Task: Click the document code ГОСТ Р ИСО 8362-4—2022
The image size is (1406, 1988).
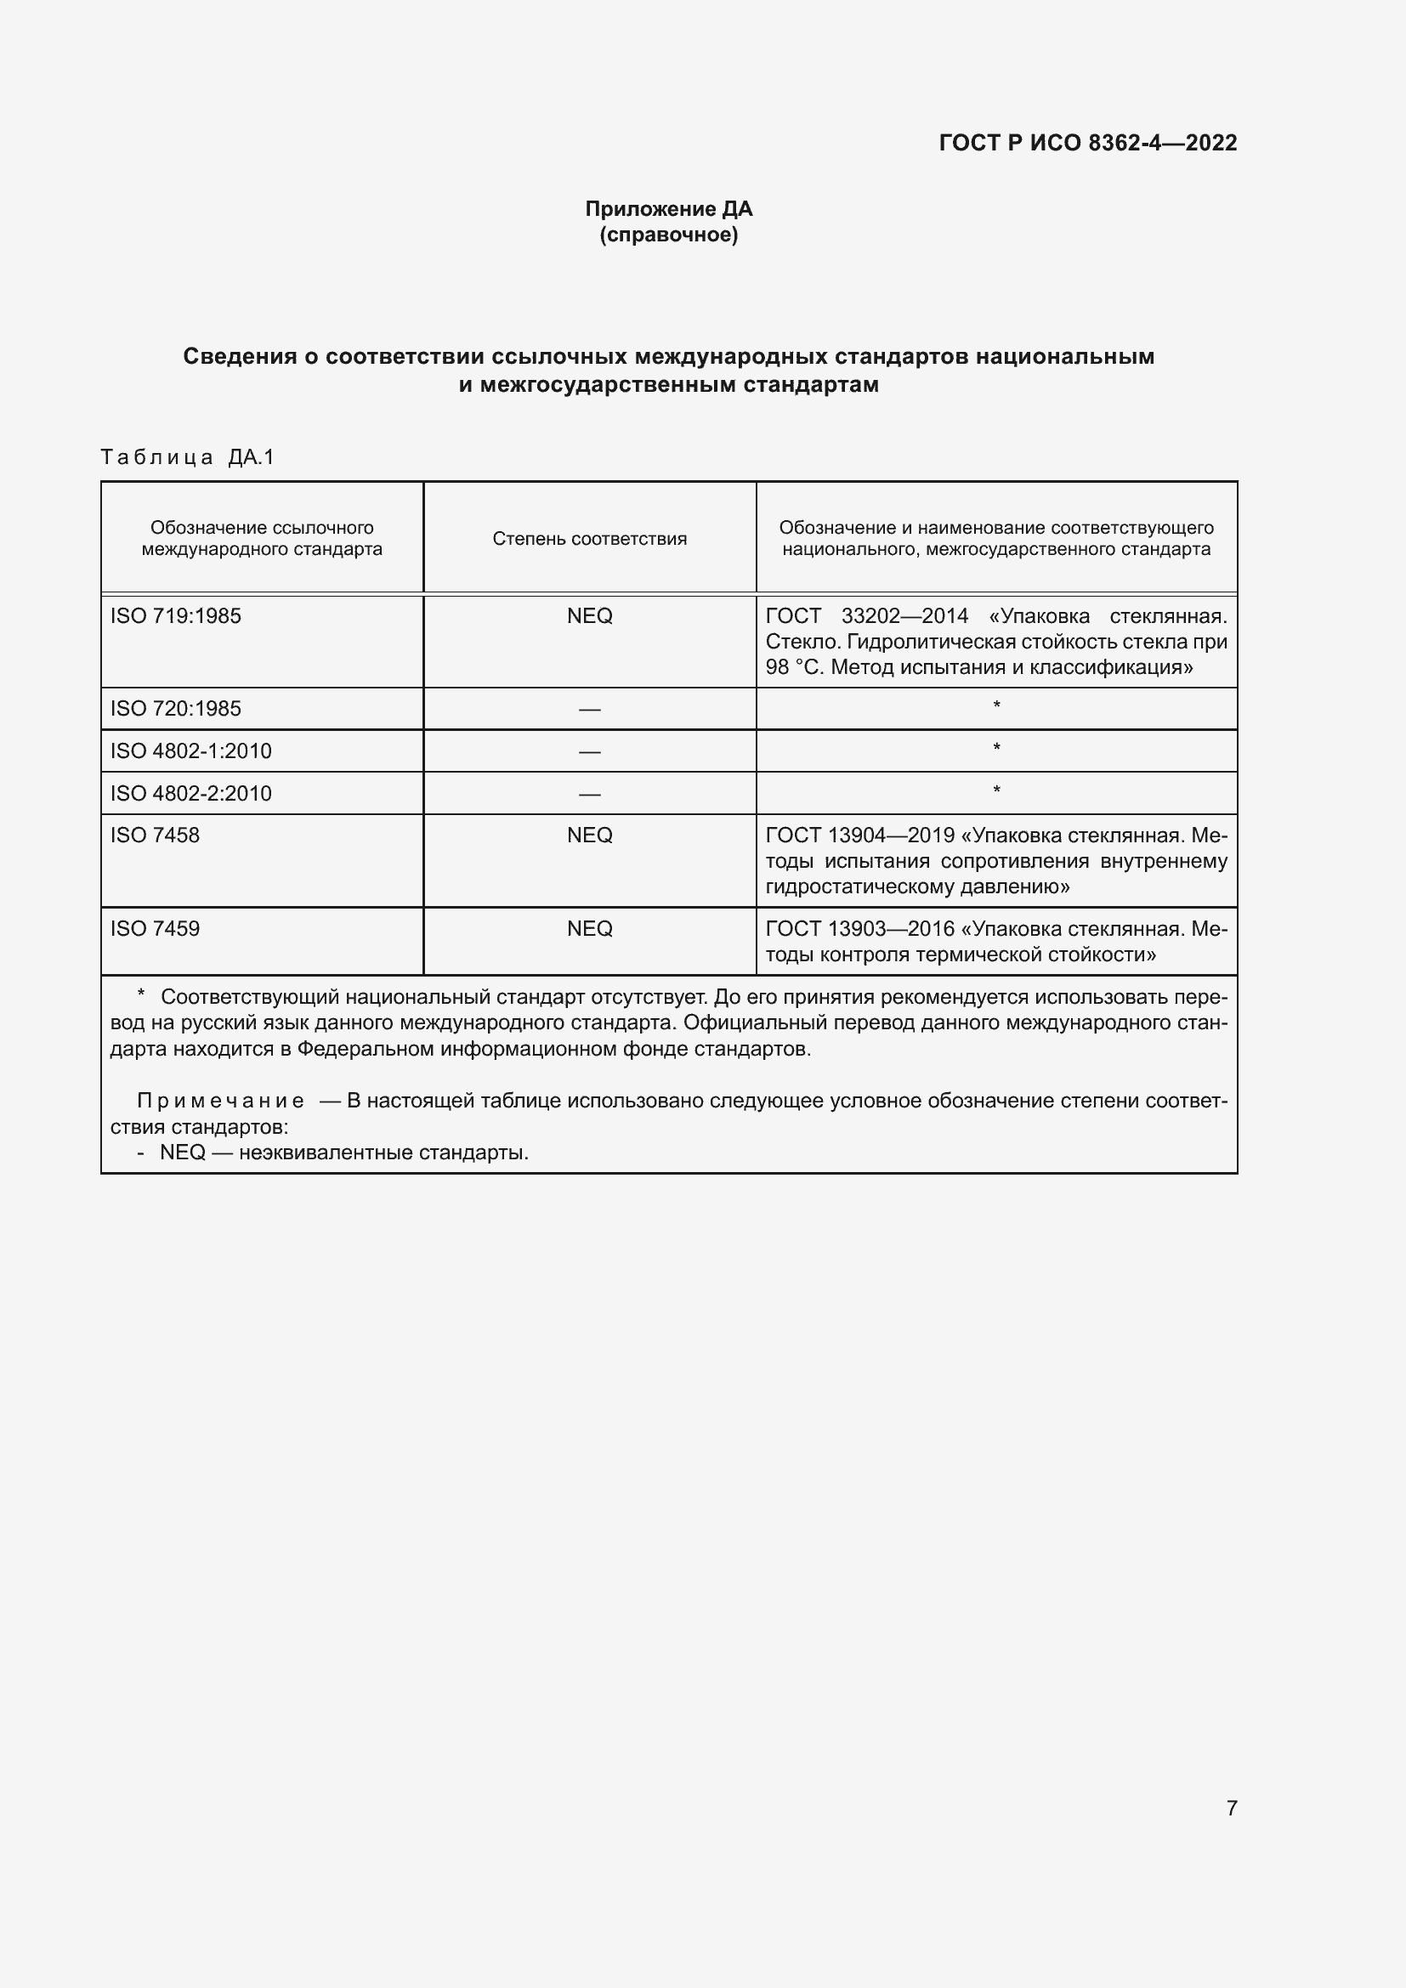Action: pos(1087,143)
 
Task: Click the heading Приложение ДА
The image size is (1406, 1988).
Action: pos(668,209)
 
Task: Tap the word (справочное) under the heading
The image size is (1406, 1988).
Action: pos(668,235)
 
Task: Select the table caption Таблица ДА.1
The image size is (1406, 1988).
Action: pos(187,457)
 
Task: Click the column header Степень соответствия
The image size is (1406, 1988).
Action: pos(590,539)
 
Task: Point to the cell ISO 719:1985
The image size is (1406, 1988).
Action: pos(176,615)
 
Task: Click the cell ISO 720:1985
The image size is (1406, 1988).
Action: pos(176,708)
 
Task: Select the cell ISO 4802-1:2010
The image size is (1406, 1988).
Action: pos(190,750)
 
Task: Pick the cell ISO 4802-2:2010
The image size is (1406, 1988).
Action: pos(190,793)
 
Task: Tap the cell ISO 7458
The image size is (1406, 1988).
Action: pos(155,835)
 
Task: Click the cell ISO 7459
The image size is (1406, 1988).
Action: pos(155,928)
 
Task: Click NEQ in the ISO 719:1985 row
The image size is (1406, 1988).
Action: pos(590,615)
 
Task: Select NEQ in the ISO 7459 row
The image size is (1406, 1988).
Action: pos(590,928)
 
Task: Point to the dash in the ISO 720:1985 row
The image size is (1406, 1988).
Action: pos(590,709)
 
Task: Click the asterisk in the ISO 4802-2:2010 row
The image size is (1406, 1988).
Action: pos(996,790)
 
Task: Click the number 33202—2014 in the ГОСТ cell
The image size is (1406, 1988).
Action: pos(904,615)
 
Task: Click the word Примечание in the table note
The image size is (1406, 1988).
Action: pos(221,1101)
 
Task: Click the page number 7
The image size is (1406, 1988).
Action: pos(1231,1807)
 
